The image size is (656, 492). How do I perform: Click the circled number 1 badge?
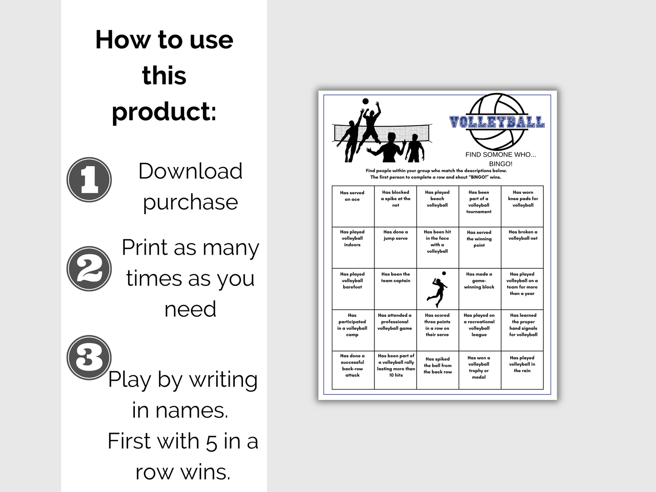(x=89, y=180)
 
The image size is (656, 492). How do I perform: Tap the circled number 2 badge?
(x=89, y=269)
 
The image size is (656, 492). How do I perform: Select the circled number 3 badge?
(x=89, y=357)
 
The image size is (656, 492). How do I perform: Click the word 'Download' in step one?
(x=190, y=171)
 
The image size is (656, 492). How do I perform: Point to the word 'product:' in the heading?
(x=164, y=111)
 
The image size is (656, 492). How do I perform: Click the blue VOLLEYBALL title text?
(x=497, y=122)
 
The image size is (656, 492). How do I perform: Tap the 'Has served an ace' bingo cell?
(x=353, y=206)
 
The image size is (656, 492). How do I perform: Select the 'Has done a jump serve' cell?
(x=395, y=247)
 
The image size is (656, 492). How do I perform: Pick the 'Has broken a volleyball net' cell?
(x=522, y=247)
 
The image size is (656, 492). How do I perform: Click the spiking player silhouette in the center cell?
(x=438, y=289)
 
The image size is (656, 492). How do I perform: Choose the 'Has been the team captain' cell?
(x=395, y=289)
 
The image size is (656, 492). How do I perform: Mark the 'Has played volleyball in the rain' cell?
(x=522, y=370)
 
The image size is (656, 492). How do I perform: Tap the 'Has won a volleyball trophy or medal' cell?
(x=480, y=370)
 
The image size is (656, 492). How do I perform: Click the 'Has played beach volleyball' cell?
(x=438, y=206)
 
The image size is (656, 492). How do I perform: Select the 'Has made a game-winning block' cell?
(x=480, y=289)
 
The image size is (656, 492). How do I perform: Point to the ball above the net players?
(x=365, y=101)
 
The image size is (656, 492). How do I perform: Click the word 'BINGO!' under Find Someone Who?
(x=501, y=164)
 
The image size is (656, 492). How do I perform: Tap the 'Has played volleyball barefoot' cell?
(x=353, y=289)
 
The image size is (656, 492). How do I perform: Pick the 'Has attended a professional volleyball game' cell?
(x=395, y=330)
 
